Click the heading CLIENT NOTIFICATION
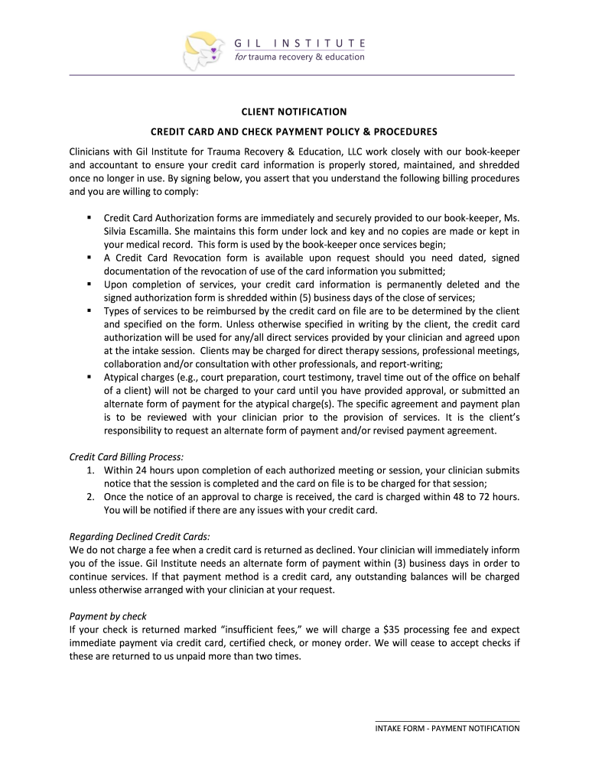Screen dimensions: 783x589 pos(294,112)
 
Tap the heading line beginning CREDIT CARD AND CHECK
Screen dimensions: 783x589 pos(294,131)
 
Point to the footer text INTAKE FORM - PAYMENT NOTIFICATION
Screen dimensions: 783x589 pos(447,728)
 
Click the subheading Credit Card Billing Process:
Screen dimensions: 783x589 pos(126,456)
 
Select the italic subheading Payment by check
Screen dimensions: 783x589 pos(108,616)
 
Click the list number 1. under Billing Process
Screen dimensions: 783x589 pos(91,470)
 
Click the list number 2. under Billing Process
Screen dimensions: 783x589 pos(91,497)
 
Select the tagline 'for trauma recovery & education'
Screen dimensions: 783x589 pos(299,57)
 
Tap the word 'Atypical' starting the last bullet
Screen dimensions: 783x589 pos(123,377)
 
